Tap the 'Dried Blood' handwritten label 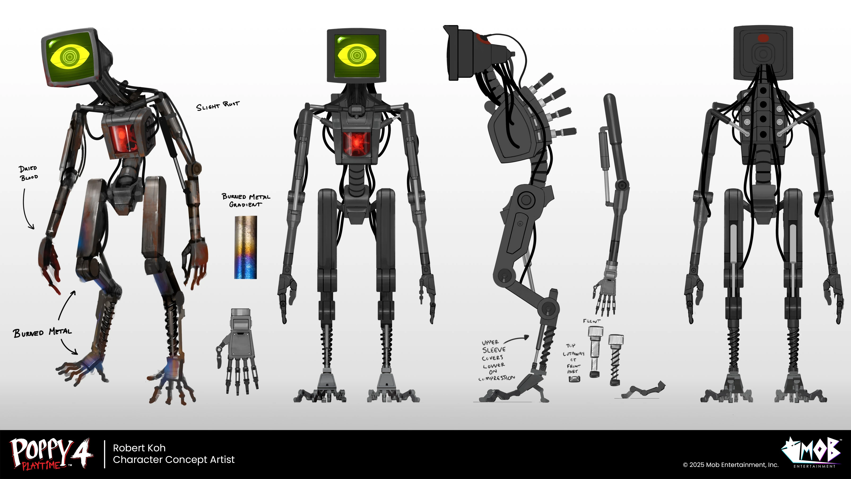click(28, 173)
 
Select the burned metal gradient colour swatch click(245, 247)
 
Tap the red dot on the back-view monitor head click(763, 38)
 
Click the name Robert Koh click(139, 448)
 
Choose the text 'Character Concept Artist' click(174, 460)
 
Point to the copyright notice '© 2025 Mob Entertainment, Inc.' click(730, 465)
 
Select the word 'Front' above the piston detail click(591, 321)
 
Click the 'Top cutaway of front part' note click(573, 358)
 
